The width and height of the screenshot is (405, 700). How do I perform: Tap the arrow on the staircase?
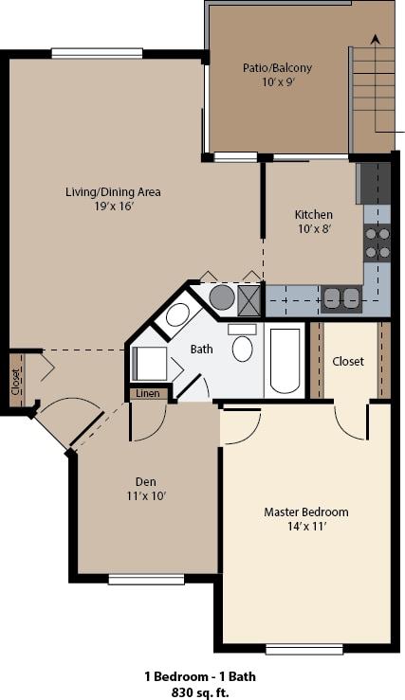pos(376,41)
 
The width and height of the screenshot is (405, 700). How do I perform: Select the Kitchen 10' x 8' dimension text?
pos(313,230)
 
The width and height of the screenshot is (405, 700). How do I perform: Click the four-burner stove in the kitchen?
pos(377,242)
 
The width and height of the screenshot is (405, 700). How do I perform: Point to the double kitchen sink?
pos(340,299)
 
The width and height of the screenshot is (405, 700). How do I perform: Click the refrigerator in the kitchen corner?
pos(373,183)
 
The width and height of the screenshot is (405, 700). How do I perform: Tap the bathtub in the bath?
pos(285,360)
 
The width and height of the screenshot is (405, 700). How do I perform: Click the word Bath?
pos(202,349)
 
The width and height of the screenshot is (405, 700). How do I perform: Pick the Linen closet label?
pos(147,393)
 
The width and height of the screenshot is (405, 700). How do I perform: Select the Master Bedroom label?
pos(305,512)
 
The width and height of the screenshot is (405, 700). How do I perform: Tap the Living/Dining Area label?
pos(113,192)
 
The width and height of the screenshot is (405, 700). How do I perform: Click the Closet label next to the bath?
pos(349,361)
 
